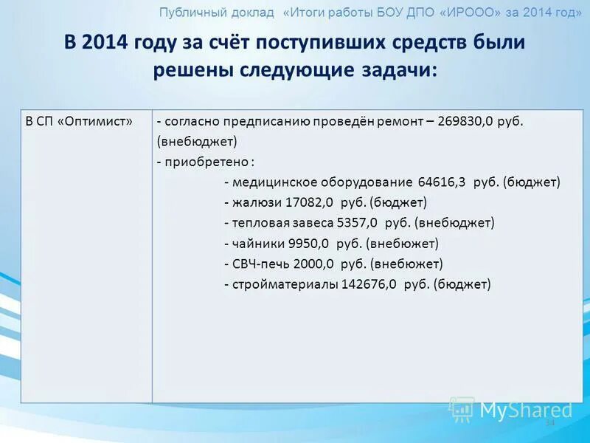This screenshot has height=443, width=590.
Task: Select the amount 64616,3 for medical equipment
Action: [441, 182]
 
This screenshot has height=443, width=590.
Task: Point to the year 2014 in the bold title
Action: [105, 42]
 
